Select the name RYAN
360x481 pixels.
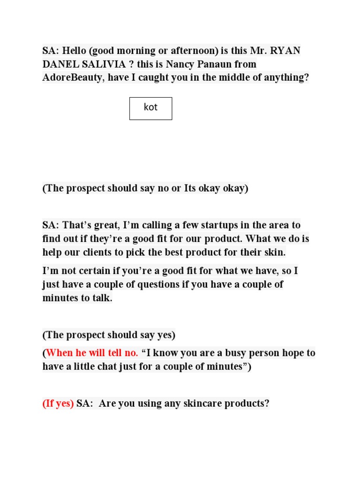coord(285,50)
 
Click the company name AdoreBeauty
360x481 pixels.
coord(73,78)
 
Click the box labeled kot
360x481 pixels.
coord(150,108)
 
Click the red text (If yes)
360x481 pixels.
coord(58,403)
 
